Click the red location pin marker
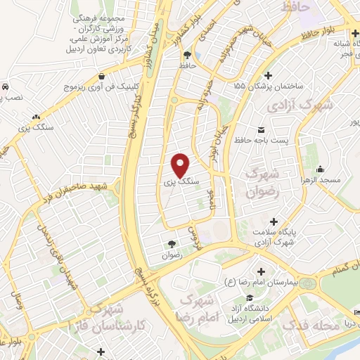click(x=181, y=165)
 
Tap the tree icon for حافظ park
click(x=187, y=56)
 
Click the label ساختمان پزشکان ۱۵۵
click(x=269, y=84)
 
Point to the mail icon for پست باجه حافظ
click(x=262, y=131)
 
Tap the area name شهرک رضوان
click(x=264, y=181)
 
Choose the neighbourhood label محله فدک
click(x=308, y=326)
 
